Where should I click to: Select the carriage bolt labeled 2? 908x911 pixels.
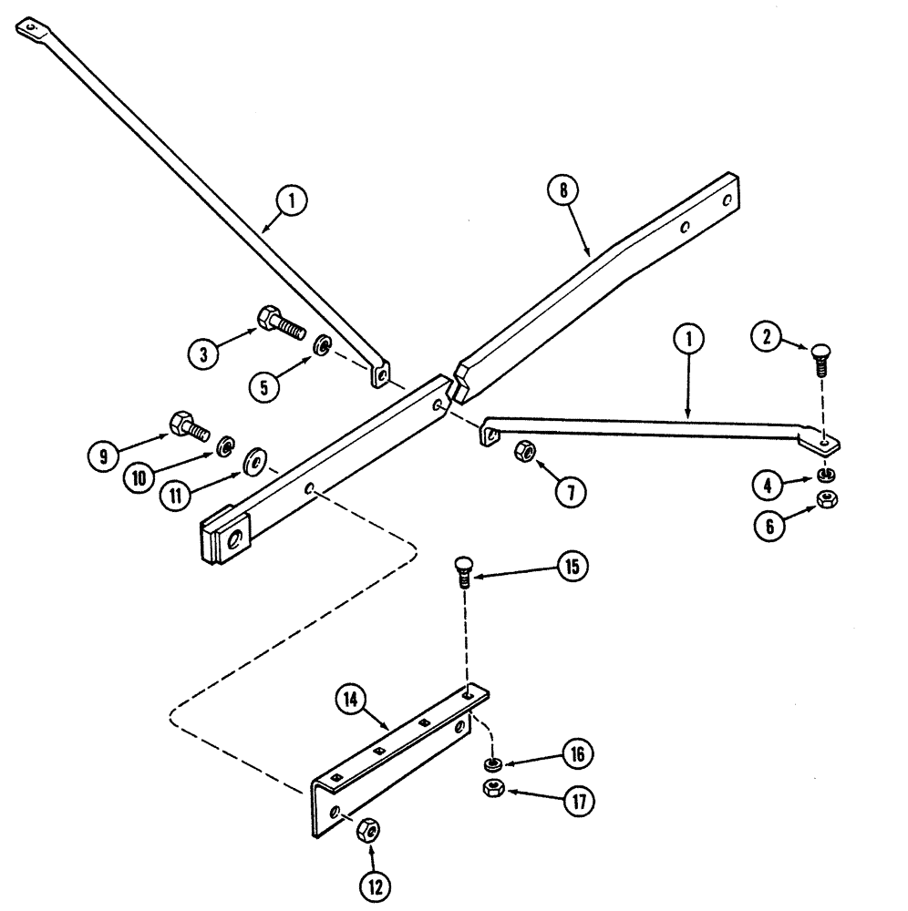click(x=818, y=367)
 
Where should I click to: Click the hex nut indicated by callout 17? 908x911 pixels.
click(x=491, y=786)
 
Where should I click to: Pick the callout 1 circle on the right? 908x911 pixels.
click(x=689, y=341)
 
